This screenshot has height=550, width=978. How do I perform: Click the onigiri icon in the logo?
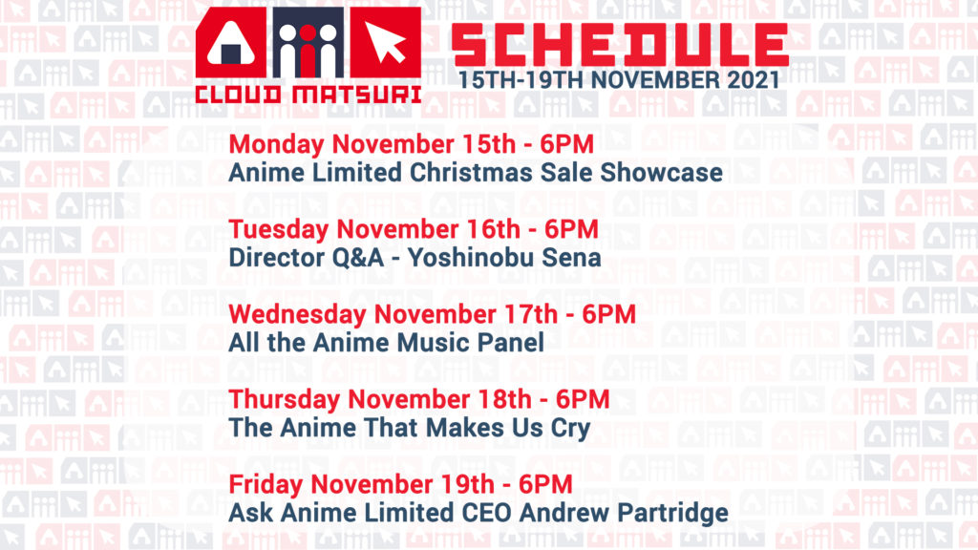click(231, 43)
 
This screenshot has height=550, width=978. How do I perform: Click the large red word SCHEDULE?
click(620, 45)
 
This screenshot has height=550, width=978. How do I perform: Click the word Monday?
click(276, 145)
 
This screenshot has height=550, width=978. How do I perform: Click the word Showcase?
click(661, 173)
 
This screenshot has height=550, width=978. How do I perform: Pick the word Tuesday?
click(279, 229)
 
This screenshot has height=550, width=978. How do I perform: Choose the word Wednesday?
click(298, 314)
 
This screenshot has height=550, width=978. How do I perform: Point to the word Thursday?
click(285, 400)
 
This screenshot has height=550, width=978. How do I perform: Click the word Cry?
click(571, 429)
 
